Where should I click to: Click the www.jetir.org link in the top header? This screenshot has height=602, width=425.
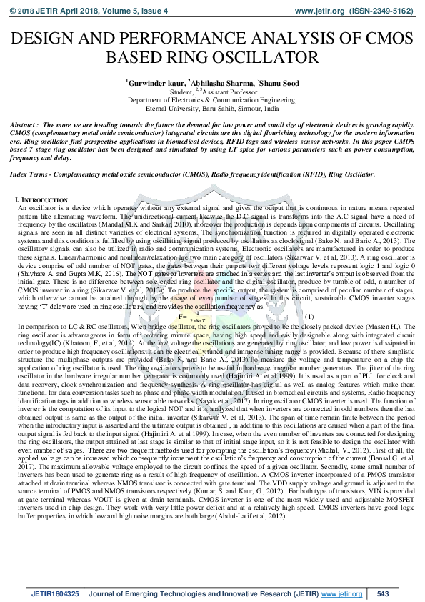(319, 11)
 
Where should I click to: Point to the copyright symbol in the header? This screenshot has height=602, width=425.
(10, 11)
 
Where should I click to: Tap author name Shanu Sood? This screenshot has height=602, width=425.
(280, 84)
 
